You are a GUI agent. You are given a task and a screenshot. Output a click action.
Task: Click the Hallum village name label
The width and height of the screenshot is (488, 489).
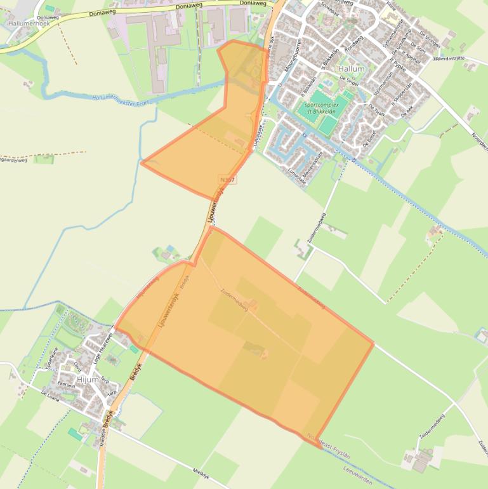pyautogui.click(x=352, y=69)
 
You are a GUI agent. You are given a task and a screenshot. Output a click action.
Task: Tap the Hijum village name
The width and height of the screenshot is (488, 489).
pyautogui.click(x=87, y=379)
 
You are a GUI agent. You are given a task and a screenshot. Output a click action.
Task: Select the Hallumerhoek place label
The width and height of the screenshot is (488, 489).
pyautogui.click(x=29, y=23)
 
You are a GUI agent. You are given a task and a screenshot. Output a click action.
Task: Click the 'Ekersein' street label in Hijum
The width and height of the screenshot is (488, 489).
pyautogui.click(x=67, y=384)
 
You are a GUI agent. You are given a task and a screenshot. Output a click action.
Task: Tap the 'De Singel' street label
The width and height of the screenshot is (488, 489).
pyautogui.click(x=349, y=81)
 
